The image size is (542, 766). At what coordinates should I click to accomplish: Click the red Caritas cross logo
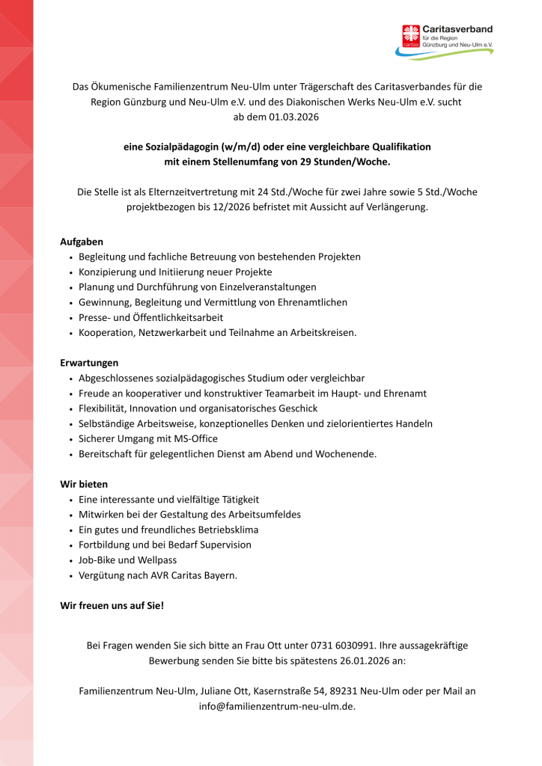click(411, 35)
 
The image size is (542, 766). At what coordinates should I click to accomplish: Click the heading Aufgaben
click(82, 242)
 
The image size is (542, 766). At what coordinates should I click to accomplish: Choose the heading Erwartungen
click(89, 363)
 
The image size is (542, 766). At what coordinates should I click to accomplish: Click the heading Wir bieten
click(84, 484)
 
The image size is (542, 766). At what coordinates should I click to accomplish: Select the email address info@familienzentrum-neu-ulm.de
click(276, 706)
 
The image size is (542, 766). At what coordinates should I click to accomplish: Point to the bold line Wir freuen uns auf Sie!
click(112, 605)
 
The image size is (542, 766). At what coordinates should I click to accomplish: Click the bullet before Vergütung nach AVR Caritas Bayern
click(70, 575)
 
